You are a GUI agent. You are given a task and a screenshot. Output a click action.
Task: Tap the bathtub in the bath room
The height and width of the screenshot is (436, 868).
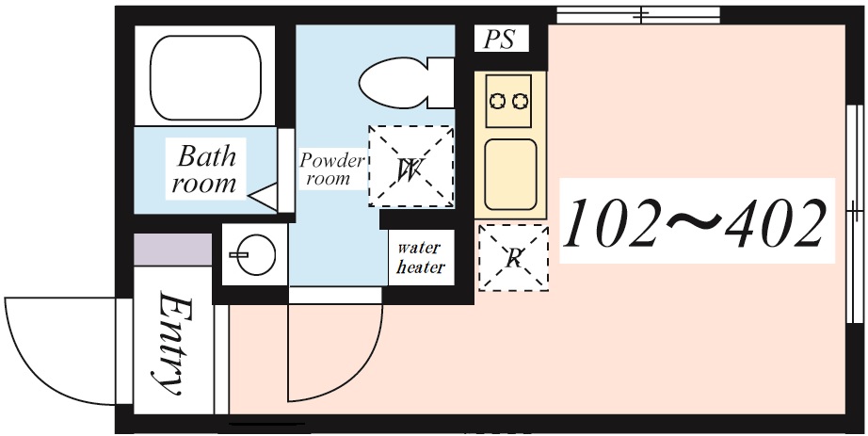[205, 77]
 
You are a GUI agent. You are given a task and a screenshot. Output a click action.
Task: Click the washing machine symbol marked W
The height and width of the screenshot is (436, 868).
[411, 166]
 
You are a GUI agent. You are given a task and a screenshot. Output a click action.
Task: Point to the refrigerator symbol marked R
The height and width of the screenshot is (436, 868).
[514, 258]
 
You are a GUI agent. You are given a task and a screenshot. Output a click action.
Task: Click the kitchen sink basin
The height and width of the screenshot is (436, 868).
[510, 174]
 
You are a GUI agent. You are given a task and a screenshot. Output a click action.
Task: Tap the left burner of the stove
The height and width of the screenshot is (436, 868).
[498, 102]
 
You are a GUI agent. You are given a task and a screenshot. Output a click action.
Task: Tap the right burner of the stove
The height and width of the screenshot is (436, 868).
[520, 102]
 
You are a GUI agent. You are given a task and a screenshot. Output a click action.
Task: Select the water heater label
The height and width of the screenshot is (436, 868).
[421, 258]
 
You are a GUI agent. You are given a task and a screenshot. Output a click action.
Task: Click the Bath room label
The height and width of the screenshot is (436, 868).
[205, 169]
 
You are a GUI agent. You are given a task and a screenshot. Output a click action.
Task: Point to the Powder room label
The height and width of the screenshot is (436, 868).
[332, 170]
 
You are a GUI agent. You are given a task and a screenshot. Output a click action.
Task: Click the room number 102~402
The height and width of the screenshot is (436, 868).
[696, 222]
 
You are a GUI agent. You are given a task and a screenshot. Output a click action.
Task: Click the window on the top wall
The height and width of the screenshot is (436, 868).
[638, 15]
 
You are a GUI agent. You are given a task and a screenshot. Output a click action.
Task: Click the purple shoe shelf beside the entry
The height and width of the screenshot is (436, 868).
[172, 250]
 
